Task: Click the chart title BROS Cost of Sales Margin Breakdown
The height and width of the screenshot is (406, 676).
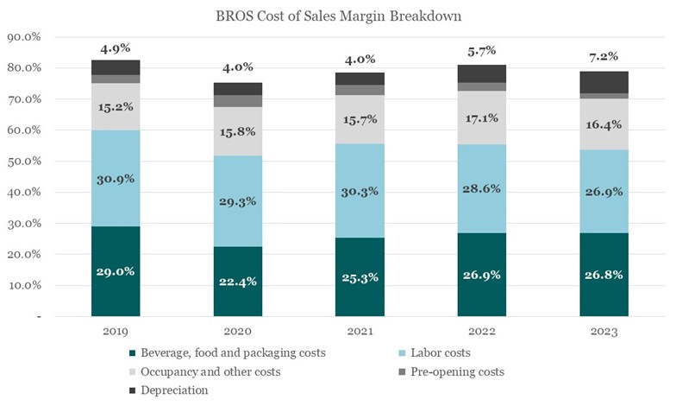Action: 337,15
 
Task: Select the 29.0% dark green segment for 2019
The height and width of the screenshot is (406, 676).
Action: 116,271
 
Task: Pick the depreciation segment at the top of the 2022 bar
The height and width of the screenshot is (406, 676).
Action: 482,73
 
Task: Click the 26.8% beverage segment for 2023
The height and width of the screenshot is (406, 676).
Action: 604,275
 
